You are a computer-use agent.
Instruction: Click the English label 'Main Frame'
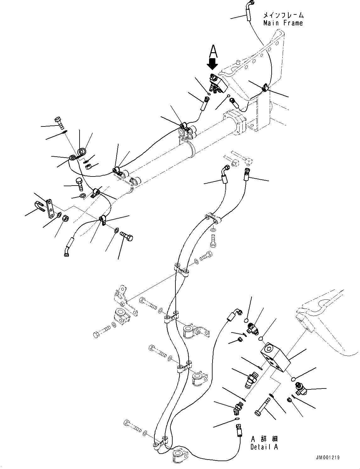click(x=283, y=23)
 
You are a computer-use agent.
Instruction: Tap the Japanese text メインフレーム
click(x=283, y=15)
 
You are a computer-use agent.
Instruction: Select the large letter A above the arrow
click(x=213, y=51)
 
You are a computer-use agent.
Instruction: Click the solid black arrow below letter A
click(x=213, y=64)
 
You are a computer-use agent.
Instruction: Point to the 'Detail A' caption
click(x=264, y=447)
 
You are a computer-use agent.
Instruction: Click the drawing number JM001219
click(x=328, y=458)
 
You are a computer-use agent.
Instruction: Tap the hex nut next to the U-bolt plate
click(x=65, y=218)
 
